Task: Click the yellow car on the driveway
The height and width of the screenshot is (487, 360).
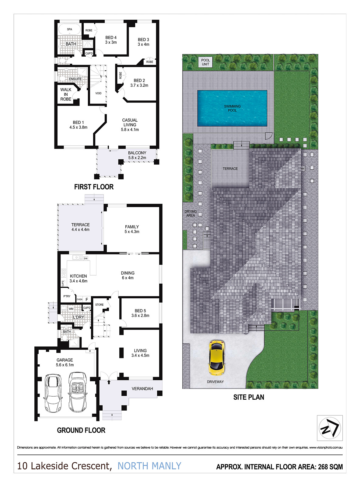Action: click(217, 358)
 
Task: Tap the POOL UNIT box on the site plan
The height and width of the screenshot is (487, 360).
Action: click(205, 62)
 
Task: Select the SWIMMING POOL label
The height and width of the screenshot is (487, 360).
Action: click(232, 108)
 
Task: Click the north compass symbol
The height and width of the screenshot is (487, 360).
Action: click(330, 428)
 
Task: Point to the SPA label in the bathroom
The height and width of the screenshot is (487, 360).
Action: click(70, 29)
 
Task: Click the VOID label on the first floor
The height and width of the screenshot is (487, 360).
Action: click(98, 93)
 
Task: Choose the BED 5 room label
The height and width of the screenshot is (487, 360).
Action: click(140, 313)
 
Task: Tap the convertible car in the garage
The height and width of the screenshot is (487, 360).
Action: click(78, 392)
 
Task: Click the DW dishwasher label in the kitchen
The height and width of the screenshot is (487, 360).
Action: click(86, 259)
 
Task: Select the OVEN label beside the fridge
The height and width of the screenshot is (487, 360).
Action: click(79, 300)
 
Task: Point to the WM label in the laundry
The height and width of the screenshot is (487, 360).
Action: click(71, 309)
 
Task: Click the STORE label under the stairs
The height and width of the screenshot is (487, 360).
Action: click(100, 305)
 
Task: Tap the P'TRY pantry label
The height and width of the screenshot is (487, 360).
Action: click(67, 296)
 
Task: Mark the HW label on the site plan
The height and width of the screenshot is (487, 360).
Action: click(302, 169)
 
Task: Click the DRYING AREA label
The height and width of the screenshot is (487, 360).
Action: click(190, 213)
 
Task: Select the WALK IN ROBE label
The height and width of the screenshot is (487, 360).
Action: click(66, 94)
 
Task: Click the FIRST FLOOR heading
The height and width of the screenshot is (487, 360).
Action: click(94, 187)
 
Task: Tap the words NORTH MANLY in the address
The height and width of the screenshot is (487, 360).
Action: click(149, 466)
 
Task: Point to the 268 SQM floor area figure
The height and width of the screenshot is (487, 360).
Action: click(330, 467)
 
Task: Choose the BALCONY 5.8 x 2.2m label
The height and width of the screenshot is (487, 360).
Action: click(137, 155)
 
